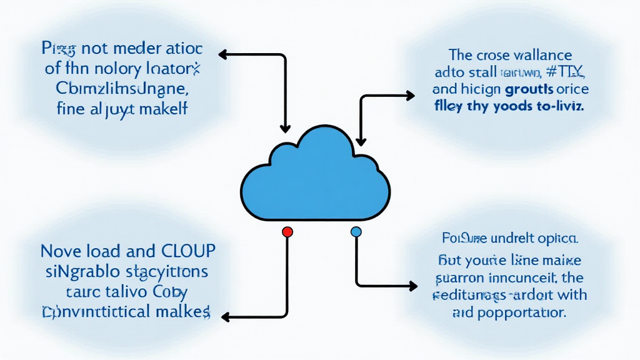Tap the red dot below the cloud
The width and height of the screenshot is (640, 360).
tap(287, 232)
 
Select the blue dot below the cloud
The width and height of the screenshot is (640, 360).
tap(356, 232)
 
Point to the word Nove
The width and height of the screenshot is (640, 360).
tap(60, 251)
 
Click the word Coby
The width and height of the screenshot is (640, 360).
tap(169, 291)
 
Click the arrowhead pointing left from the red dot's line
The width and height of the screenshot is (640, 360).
tap(226, 317)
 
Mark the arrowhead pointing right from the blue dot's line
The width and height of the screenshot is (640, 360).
tap(412, 286)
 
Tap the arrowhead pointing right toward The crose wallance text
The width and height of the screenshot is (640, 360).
tap(410, 96)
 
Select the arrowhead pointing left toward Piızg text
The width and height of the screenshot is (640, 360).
tap(222, 56)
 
